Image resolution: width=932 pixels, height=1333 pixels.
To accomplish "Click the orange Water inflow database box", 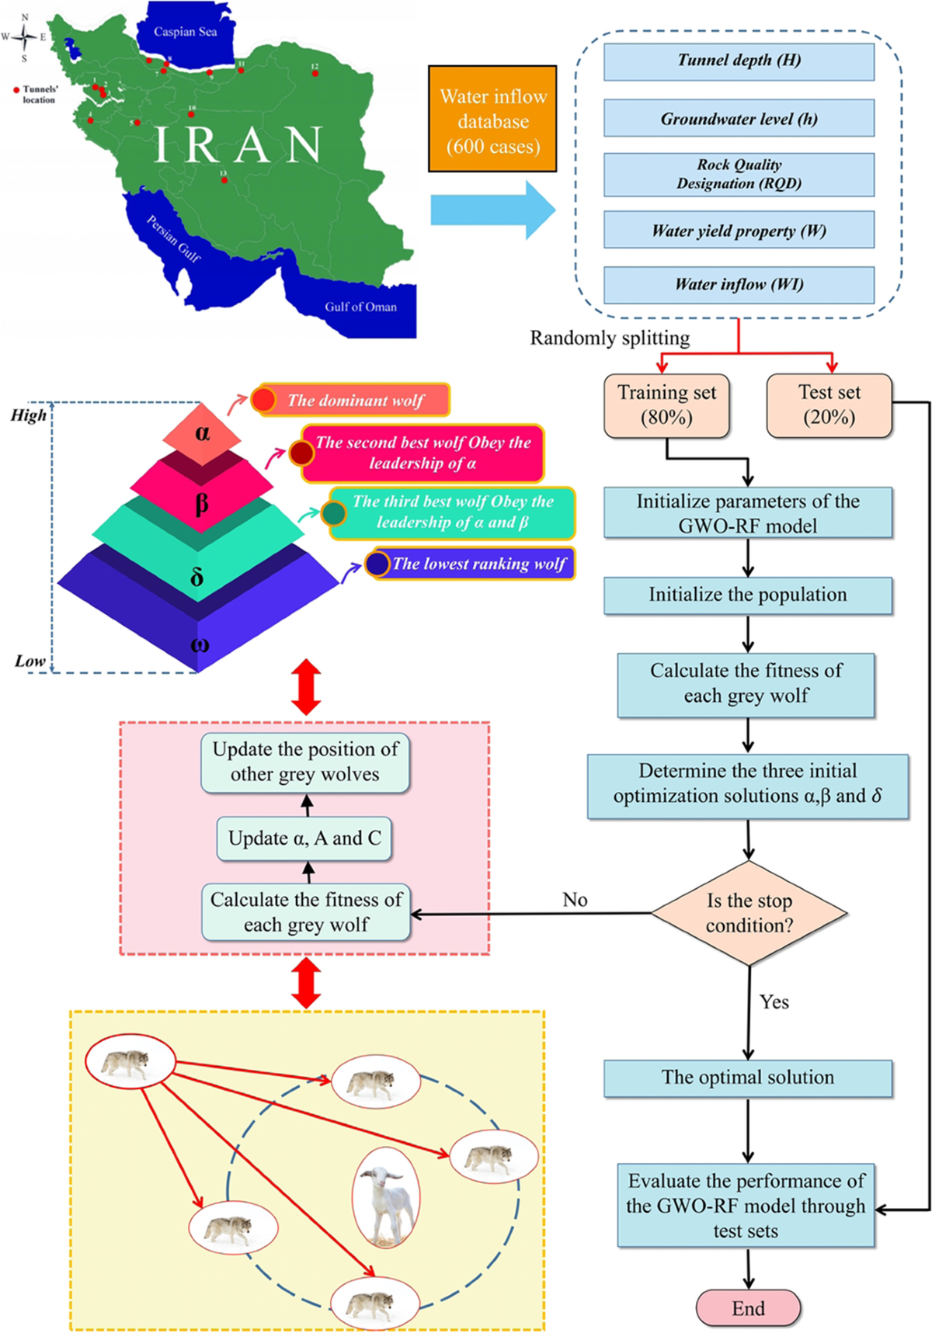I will pos(492,119).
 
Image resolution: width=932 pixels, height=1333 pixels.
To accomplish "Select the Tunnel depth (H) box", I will pos(739,61).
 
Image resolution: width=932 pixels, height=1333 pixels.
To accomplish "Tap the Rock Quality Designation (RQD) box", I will pos(739,174).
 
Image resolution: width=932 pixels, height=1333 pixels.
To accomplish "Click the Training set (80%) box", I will pos(666,405).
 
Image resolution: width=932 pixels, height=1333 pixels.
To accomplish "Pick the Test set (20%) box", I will pos(829,405).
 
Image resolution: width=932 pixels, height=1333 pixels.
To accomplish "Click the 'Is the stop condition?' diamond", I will pos(749,913).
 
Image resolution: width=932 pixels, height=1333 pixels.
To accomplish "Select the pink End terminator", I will pos(748,1308).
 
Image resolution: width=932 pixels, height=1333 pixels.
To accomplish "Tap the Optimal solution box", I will pos(747,1078).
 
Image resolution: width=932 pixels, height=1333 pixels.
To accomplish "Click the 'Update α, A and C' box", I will pos(304,838).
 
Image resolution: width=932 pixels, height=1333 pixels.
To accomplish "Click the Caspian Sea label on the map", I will pos(185,32).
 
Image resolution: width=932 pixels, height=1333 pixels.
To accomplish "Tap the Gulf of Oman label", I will pos(360,307).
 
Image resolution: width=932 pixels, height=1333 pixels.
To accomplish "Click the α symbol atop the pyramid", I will pos(202,432).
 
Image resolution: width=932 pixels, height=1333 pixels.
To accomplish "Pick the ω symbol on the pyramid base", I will pos(200,644).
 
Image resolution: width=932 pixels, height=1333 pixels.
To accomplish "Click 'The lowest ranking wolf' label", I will pos(478,564).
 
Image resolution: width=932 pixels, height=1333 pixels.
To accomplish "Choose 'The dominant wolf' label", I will pos(356,401).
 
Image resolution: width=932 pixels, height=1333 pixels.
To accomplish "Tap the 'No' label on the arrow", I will pos(575,899).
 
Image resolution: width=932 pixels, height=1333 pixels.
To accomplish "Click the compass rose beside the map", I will pos(25,36).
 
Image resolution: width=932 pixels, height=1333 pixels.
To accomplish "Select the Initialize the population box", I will pos(747,595).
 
